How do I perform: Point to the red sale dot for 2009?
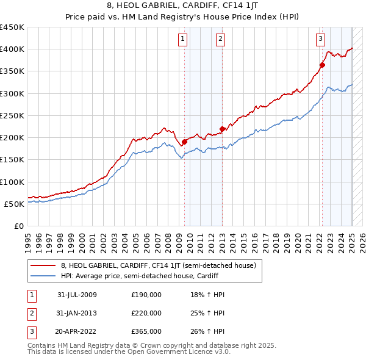(184, 142)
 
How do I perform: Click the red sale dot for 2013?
(222, 129)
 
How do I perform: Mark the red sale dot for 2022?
(322, 65)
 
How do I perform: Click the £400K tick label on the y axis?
(12, 49)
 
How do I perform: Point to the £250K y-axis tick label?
(12, 115)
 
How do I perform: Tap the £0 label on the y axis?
(18, 226)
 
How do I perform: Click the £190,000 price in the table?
(146, 295)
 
